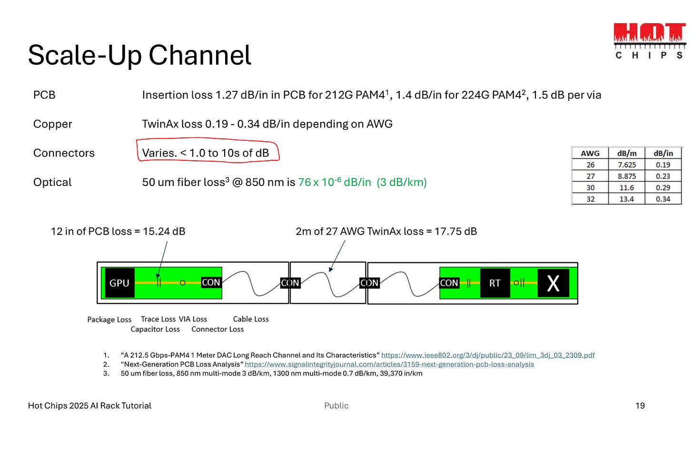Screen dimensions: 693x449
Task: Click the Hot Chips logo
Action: [650, 41]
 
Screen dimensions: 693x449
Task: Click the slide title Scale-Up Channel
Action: [139, 55]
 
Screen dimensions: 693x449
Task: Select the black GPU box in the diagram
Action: [119, 283]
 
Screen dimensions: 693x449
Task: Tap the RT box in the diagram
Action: [495, 283]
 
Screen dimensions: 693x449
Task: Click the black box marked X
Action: [553, 283]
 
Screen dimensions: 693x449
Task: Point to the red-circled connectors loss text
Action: [206, 153]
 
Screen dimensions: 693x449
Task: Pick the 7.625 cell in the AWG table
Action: [626, 165]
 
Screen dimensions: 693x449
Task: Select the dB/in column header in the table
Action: [663, 153]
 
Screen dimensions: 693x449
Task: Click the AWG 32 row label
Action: [590, 199]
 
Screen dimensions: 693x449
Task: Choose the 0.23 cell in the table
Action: [663, 176]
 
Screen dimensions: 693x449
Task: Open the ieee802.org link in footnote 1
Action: [488, 355]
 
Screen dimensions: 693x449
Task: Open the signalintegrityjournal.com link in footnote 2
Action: [389, 364]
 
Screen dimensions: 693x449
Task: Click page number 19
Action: [640, 406]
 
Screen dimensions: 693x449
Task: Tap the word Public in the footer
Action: [337, 406]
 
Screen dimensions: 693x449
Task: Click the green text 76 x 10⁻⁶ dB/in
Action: [334, 182]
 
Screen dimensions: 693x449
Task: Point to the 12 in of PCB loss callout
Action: [118, 232]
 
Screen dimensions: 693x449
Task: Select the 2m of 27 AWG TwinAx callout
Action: [386, 232]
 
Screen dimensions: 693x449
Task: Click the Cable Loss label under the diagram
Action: [251, 319]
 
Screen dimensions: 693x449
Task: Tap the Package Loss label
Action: [109, 320]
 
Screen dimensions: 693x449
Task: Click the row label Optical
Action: [52, 182]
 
